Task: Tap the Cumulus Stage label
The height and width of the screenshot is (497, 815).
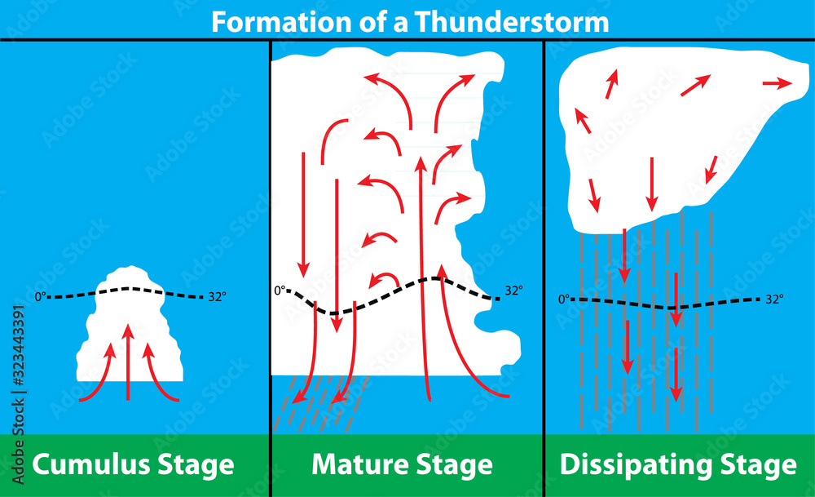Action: click(134, 464)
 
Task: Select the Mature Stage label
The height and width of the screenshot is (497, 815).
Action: click(403, 464)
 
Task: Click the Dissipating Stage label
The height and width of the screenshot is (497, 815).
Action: click(678, 464)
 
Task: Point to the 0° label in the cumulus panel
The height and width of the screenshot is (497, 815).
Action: click(41, 296)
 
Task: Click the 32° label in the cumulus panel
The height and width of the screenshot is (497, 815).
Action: click(218, 295)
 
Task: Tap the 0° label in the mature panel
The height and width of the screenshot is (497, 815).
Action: click(280, 291)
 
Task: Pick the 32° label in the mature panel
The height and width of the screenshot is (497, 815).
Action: click(514, 291)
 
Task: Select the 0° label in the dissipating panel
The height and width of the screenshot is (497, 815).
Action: click(563, 300)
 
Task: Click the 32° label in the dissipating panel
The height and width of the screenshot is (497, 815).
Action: click(774, 300)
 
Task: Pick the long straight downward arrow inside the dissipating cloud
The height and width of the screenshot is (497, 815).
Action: click(651, 184)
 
